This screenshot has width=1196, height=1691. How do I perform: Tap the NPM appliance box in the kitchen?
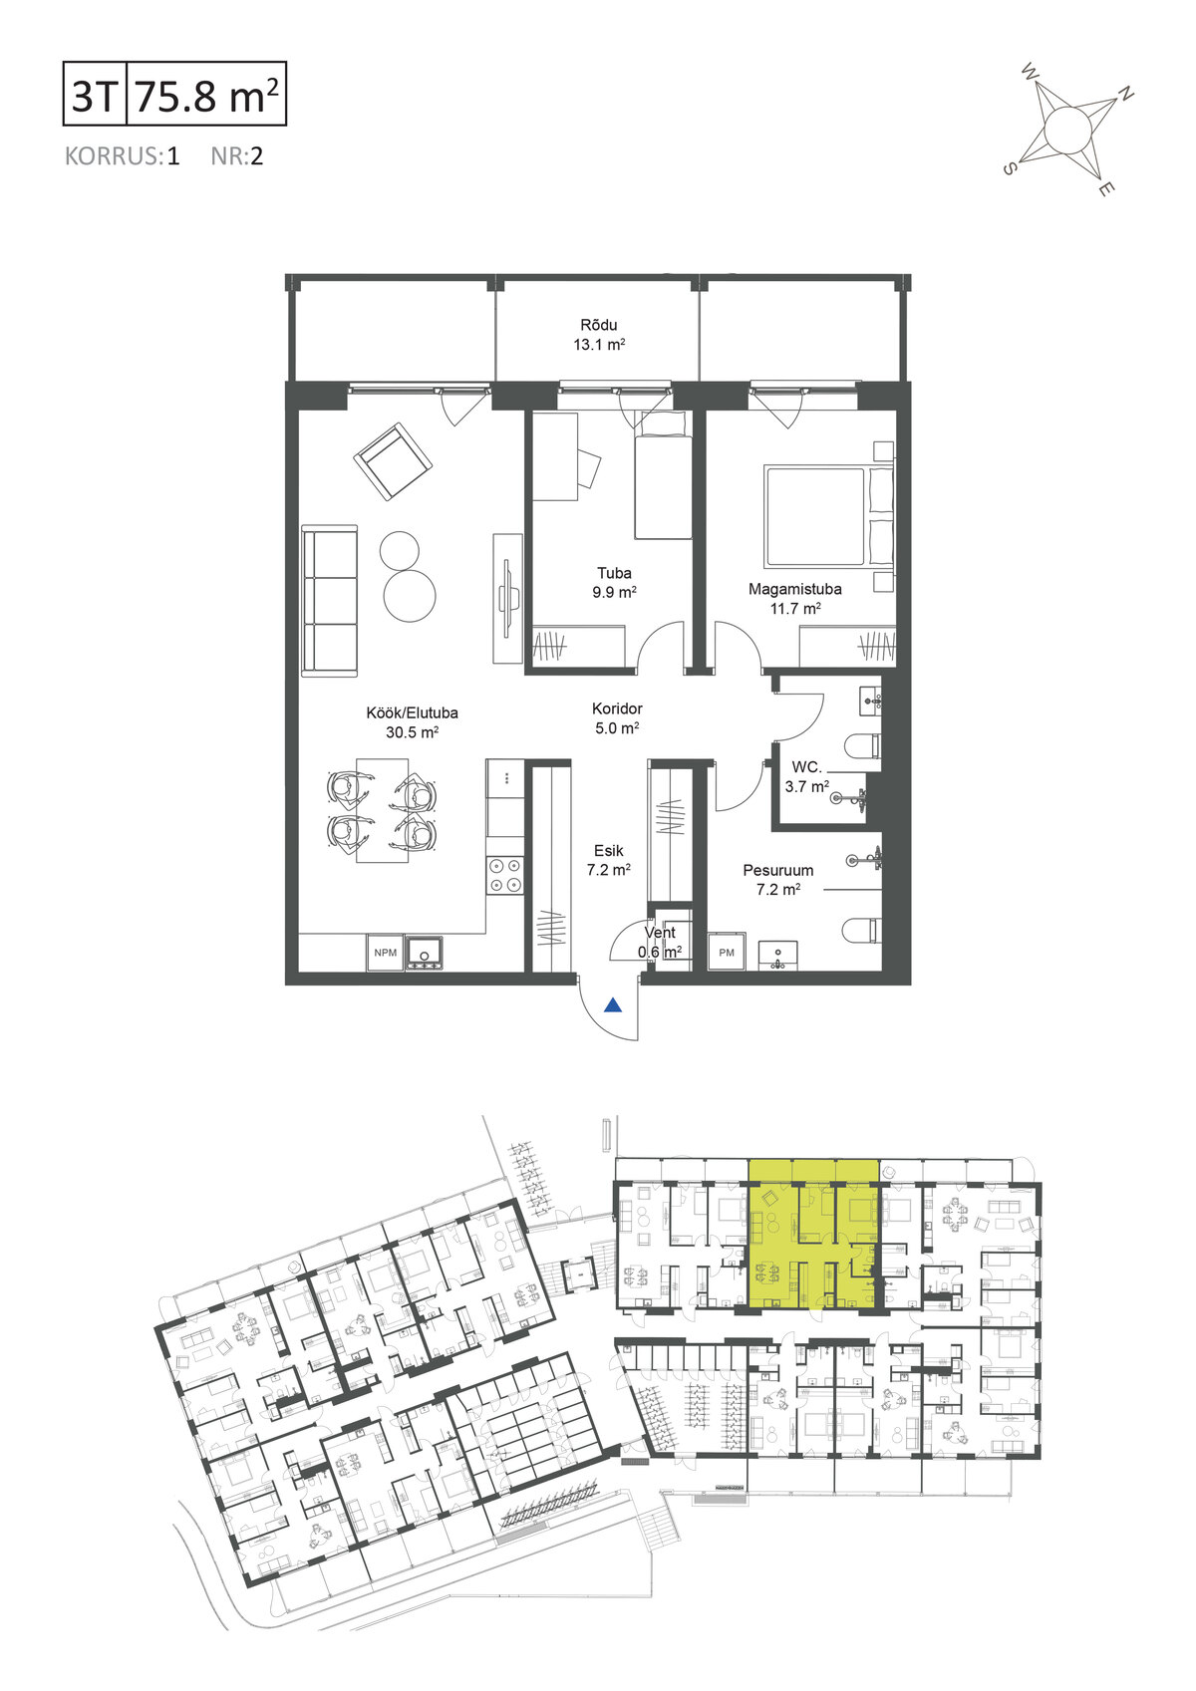pyautogui.click(x=385, y=953)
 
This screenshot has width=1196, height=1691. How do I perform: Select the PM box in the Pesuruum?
pyautogui.click(x=727, y=953)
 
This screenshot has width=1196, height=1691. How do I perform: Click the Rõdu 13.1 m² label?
pyautogui.click(x=599, y=335)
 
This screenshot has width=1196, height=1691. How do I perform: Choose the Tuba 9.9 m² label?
pyautogui.click(x=614, y=583)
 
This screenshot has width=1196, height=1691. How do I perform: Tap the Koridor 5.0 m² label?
pyautogui.click(x=617, y=718)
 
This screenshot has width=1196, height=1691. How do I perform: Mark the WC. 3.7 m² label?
pyautogui.click(x=807, y=777)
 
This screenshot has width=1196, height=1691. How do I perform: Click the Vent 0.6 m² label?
pyautogui.click(x=660, y=942)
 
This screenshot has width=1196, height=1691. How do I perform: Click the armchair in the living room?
pyautogui.click(x=393, y=461)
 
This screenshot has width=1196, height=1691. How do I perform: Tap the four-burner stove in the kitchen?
pyautogui.click(x=505, y=875)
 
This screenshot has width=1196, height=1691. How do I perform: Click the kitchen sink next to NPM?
pyautogui.click(x=426, y=954)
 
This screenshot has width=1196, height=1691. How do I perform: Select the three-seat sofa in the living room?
pyautogui.click(x=329, y=602)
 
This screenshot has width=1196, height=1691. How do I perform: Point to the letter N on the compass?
pyautogui.click(x=1125, y=94)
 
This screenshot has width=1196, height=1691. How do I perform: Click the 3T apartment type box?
pyautogui.click(x=95, y=93)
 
